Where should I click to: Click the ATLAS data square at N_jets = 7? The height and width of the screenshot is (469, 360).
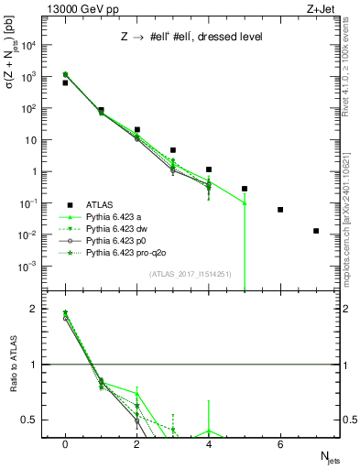click(x=316, y=231)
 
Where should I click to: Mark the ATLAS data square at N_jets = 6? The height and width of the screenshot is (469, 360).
click(x=280, y=210)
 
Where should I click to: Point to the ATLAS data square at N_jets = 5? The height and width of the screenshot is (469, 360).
click(x=245, y=189)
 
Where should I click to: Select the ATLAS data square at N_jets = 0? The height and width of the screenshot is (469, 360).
click(x=65, y=82)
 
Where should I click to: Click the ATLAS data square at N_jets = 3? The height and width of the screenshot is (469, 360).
click(x=172, y=149)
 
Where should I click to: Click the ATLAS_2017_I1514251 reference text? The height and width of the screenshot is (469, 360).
click(x=189, y=274)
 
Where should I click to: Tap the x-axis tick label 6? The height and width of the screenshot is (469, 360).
click(x=280, y=443)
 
